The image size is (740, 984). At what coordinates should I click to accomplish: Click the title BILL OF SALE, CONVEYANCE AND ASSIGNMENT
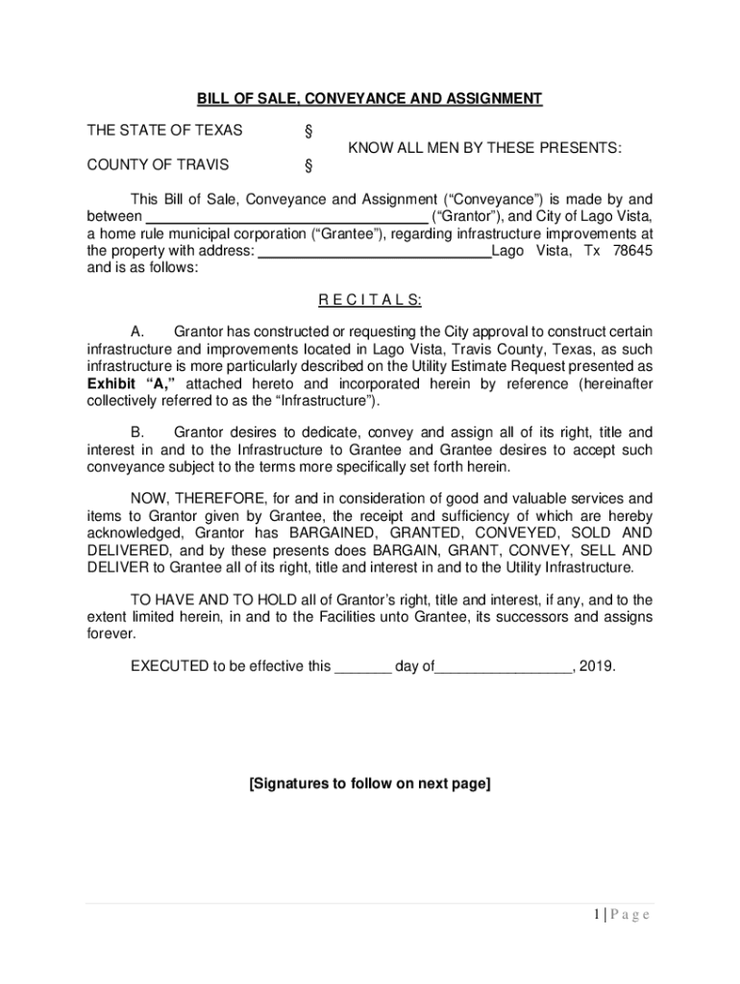tap(370, 99)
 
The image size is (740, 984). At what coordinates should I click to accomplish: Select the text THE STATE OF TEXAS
tap(164, 131)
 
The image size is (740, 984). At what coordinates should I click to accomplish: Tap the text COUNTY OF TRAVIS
tap(158, 164)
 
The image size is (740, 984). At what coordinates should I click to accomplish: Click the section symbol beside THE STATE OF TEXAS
tap(308, 132)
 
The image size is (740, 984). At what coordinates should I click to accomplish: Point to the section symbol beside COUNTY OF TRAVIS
tap(308, 165)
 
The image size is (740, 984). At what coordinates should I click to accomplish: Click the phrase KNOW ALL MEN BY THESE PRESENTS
tap(484, 148)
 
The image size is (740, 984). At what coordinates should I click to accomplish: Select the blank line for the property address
tap(376, 253)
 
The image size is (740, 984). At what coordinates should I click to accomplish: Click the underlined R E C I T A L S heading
tap(370, 300)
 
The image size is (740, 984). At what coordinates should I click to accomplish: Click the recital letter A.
tap(137, 332)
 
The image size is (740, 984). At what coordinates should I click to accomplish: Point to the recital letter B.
tap(137, 432)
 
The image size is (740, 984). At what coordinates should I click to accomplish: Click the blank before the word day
tap(362, 665)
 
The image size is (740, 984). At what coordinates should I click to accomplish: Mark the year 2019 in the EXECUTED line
tap(597, 665)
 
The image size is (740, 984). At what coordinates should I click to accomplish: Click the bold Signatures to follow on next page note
tap(370, 783)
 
